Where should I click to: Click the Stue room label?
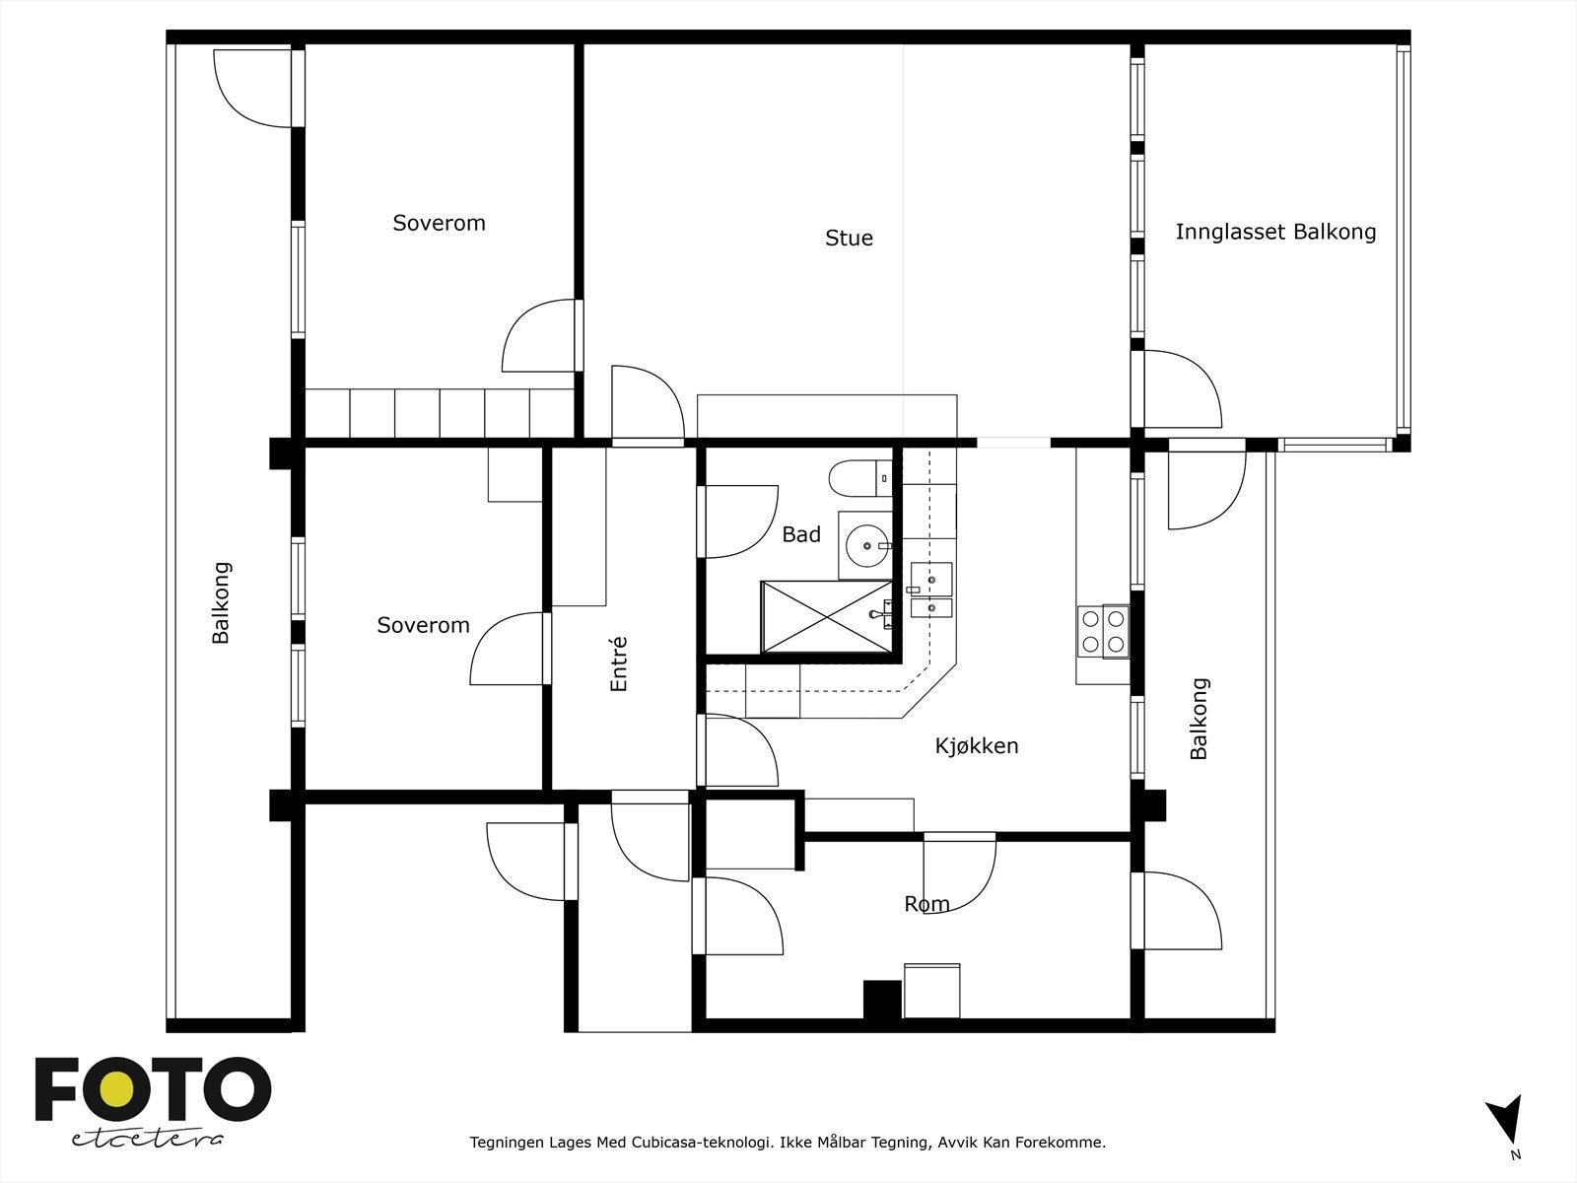pos(849,238)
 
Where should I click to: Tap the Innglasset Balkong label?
pos(1275,232)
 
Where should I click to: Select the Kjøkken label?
pos(977,745)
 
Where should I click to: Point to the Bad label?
pos(801,534)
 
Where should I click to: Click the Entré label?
pos(619,664)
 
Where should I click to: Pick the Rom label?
pos(926,904)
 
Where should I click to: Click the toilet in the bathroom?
pos(860,478)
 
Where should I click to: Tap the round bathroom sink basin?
pos(867,546)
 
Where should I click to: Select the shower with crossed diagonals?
pos(826,617)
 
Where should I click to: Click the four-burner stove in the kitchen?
pos(1103,631)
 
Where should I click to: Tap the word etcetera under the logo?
pos(147,1139)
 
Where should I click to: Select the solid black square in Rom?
pos(882,999)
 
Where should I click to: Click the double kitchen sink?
pos(931,591)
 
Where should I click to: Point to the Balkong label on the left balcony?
pos(221,602)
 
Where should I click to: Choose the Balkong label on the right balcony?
pos(1199,719)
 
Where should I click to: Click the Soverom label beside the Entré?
pos(423,625)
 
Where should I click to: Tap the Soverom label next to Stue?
pos(439,223)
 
